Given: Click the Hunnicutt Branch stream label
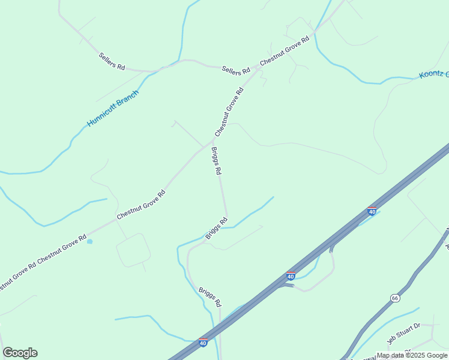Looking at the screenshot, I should [x=113, y=108].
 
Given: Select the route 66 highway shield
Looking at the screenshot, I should [x=394, y=298].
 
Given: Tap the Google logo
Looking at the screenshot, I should [x=20, y=353].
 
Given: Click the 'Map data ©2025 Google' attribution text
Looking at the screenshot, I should [x=412, y=355].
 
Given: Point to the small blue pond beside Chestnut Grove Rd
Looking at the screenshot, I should [x=89, y=242].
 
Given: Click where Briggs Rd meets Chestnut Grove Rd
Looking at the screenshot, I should [x=211, y=143].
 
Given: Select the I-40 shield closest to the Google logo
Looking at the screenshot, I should [x=203, y=343].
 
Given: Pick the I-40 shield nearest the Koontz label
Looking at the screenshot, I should [x=372, y=211].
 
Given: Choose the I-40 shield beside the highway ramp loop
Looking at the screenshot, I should [x=291, y=276].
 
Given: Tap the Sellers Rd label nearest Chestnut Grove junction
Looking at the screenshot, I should [x=235, y=70].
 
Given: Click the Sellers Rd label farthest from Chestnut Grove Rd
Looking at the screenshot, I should [x=112, y=62].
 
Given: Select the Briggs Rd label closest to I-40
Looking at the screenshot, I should [x=210, y=296].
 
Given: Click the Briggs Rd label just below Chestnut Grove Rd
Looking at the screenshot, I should [x=216, y=161].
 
